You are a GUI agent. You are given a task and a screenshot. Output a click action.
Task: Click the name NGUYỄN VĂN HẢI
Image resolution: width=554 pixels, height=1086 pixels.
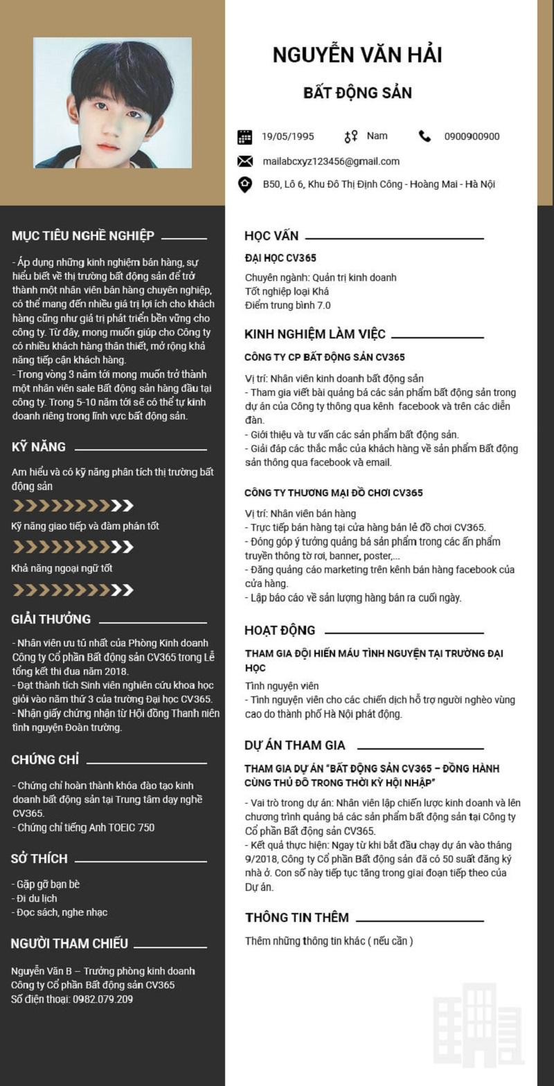[x=357, y=55]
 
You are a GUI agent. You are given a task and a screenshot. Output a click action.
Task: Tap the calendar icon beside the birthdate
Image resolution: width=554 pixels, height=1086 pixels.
[x=244, y=136]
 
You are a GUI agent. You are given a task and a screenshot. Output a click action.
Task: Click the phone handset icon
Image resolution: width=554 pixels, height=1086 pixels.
[x=425, y=136]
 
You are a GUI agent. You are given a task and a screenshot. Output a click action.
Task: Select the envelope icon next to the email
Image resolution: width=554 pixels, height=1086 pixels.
[x=244, y=161]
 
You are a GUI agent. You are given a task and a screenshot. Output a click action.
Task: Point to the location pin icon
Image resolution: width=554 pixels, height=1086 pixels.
[x=244, y=185]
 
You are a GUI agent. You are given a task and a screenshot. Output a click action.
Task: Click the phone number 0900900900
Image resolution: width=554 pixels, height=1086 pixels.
[x=472, y=136]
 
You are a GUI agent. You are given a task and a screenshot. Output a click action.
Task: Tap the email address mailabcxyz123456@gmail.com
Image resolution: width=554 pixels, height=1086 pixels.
[x=331, y=161]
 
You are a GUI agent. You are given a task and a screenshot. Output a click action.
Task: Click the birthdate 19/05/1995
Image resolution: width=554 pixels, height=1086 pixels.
[x=287, y=136]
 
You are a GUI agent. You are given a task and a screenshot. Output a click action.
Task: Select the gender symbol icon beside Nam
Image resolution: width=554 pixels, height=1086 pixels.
[x=351, y=136]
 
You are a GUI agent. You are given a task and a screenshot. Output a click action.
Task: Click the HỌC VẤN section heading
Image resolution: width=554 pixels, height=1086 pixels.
[x=271, y=236]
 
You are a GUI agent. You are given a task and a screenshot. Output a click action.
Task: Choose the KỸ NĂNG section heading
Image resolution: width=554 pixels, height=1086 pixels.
[x=39, y=447]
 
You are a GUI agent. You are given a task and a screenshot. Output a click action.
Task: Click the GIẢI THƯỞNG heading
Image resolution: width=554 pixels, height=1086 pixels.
[x=51, y=619]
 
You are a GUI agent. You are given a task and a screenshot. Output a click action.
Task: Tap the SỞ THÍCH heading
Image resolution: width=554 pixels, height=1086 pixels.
[x=39, y=858]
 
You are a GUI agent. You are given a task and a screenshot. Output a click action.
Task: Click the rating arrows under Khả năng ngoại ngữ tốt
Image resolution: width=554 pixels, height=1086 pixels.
[x=73, y=590]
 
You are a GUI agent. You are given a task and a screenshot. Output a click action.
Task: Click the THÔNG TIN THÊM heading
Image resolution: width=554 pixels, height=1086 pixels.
[x=297, y=918]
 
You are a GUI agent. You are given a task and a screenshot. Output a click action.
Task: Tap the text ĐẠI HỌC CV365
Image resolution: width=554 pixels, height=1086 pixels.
[x=280, y=258]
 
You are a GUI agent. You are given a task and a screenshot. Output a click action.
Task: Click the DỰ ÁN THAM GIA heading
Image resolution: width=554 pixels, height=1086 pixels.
[x=295, y=745]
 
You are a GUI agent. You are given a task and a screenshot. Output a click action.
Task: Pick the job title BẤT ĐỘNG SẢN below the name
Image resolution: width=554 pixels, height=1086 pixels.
[x=357, y=93]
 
